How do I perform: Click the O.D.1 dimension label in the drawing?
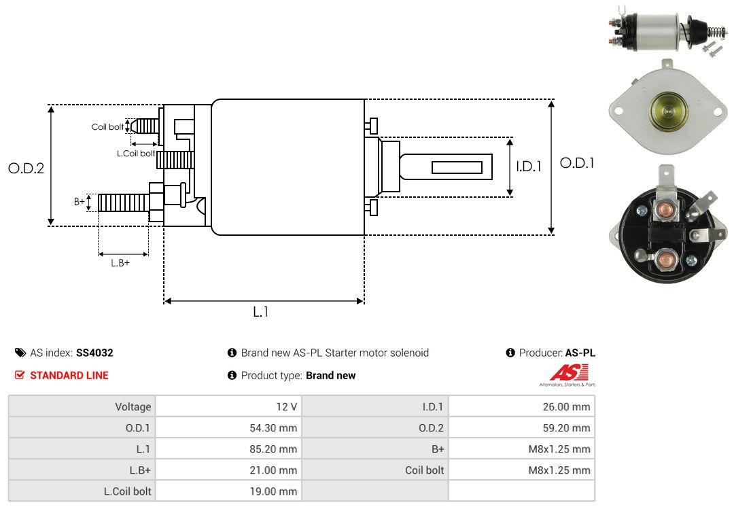pos(577,163)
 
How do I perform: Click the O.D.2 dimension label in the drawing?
pos(26,168)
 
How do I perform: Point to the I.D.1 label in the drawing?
pos(528,165)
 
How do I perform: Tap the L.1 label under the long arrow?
pos(261,312)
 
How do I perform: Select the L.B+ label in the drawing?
pos(120,262)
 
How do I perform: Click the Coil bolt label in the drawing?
pos(107,127)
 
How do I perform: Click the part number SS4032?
pos(94,353)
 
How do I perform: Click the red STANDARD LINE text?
pos(69,375)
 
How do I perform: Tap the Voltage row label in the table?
pos(133,406)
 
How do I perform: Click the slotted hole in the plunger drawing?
pos(457,167)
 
